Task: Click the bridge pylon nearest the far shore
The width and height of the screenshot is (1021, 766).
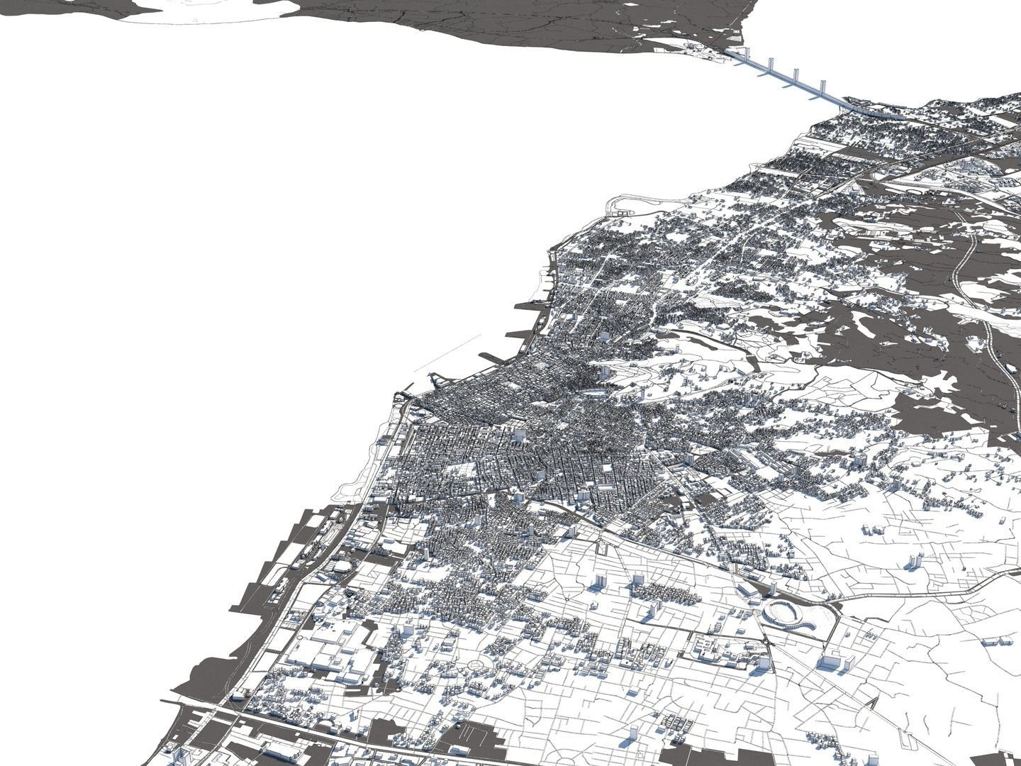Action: (x=745, y=55)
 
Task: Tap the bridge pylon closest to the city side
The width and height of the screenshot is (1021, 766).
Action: (x=822, y=91)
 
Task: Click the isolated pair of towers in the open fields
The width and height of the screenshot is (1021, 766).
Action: (x=915, y=560)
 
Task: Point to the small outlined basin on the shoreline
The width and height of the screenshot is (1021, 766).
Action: (x=624, y=210)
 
